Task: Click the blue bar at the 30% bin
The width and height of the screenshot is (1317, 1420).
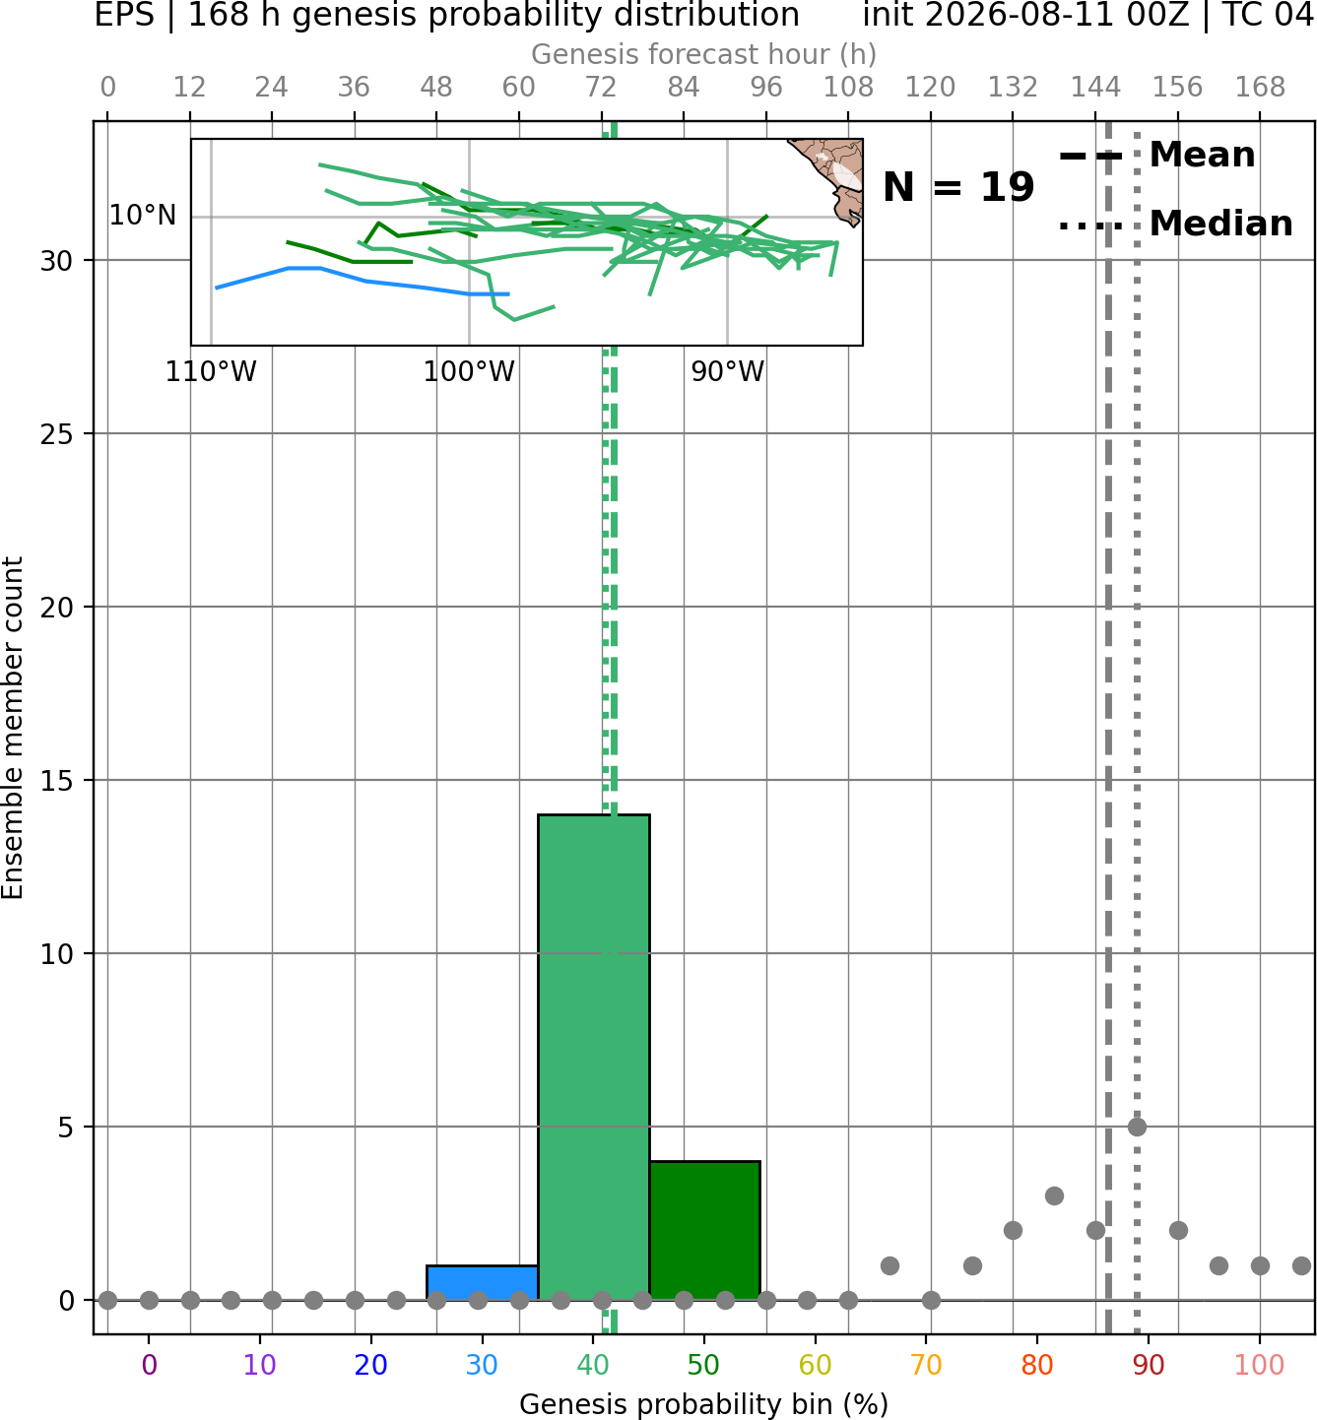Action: [482, 1282]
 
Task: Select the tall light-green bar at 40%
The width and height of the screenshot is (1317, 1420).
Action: [594, 1057]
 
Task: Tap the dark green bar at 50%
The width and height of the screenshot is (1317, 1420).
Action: [704, 1230]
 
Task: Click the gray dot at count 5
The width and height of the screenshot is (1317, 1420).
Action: [1137, 1127]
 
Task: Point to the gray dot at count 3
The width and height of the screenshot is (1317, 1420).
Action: [1054, 1196]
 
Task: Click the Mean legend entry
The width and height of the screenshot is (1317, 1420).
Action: [1156, 156]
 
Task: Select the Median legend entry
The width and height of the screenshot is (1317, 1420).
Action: [1175, 224]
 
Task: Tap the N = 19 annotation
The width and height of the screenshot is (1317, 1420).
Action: [958, 187]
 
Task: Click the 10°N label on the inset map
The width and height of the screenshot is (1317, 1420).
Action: [143, 216]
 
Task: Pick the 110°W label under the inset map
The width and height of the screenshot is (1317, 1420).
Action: [211, 372]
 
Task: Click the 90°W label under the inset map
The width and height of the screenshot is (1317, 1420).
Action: [728, 372]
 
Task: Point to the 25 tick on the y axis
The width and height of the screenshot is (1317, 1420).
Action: [56, 434]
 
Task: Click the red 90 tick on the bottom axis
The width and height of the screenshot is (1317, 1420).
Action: [1149, 1365]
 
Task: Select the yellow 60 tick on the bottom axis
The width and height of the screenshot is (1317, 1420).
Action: [815, 1365]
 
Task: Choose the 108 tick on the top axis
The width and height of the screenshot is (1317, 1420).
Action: [848, 88]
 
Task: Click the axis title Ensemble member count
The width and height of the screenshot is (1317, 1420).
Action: [12, 728]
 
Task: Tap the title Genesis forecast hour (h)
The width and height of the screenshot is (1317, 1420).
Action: [704, 54]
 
